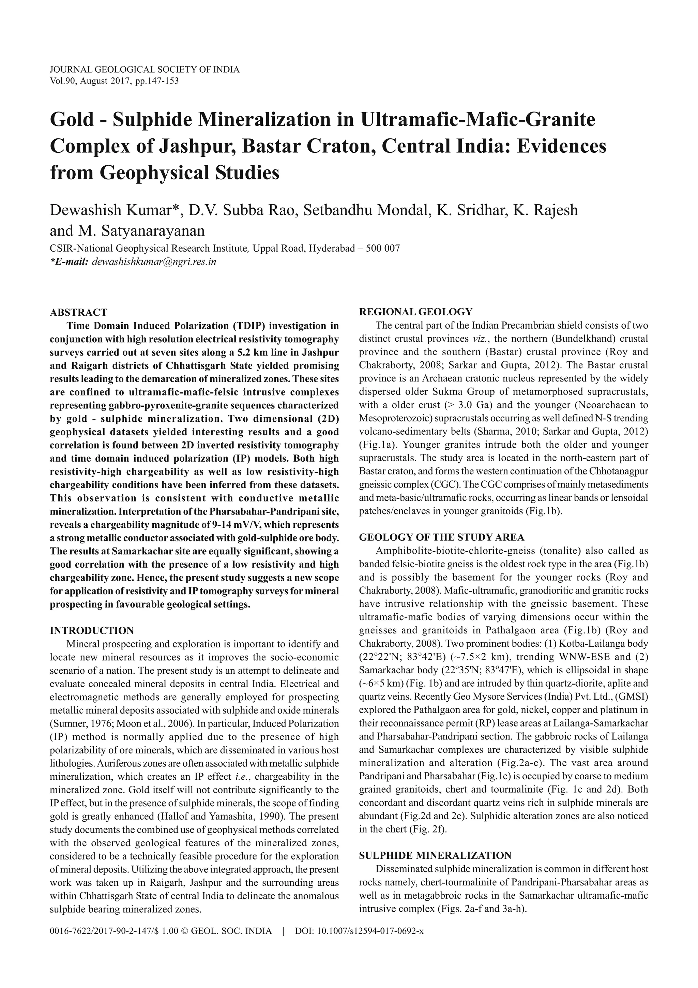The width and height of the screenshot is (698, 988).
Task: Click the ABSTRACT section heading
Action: click(x=79, y=312)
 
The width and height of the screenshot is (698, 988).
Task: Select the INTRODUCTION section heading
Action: click(x=92, y=631)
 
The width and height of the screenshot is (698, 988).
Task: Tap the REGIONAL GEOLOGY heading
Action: click(x=415, y=312)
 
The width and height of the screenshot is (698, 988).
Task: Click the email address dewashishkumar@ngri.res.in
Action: click(x=154, y=261)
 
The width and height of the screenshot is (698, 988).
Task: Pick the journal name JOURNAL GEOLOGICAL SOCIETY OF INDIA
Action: click(x=145, y=70)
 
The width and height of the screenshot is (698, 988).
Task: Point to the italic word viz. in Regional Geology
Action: click(x=474, y=339)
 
